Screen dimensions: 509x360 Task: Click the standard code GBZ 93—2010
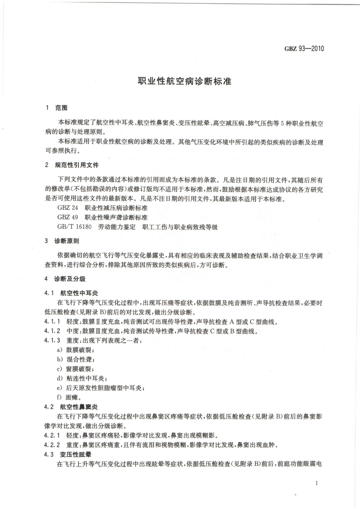[304, 48]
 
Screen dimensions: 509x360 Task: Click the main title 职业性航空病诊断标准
[184, 81]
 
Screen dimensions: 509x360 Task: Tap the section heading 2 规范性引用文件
[72, 165]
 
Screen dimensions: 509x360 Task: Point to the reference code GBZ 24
[67, 208]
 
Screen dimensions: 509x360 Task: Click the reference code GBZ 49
[67, 217]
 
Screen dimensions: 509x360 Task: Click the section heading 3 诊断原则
[62, 241]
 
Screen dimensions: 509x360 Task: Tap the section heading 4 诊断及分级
[65, 279]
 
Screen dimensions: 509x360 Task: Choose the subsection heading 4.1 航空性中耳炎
[71, 293]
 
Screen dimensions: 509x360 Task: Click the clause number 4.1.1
[52, 322]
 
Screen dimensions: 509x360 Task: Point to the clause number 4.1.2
[52, 331]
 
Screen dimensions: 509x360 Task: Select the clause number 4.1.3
[52, 340]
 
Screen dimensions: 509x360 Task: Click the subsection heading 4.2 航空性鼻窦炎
[71, 407]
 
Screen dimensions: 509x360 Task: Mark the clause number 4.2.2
[52, 445]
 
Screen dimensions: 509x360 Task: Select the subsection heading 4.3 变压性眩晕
[67, 454]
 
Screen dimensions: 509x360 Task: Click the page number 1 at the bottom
[316, 483]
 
